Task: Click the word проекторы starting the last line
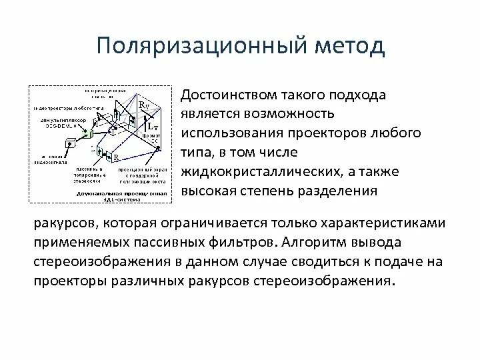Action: click(67, 280)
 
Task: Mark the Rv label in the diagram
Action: click(143, 105)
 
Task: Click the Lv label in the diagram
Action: click(152, 125)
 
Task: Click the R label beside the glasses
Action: click(116, 157)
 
